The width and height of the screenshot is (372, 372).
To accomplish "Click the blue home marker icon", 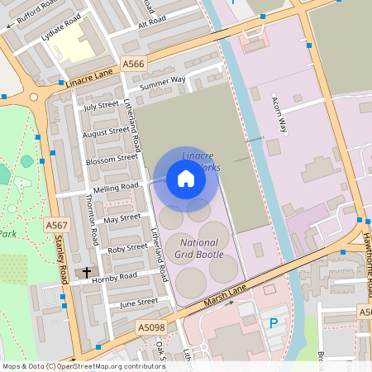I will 186,179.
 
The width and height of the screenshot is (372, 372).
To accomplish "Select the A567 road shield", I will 57,225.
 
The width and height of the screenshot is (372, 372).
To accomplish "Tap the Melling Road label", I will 117,188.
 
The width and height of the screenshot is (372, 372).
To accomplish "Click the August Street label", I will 107,131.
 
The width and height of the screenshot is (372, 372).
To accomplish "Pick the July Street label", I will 101,106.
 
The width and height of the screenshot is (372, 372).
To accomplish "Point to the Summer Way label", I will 162,82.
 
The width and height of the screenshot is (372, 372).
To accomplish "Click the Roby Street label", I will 127,248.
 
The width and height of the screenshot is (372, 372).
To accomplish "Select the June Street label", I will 138,303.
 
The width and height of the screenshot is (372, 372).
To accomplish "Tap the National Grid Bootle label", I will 199,249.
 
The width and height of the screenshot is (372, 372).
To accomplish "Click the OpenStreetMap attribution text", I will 73,366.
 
